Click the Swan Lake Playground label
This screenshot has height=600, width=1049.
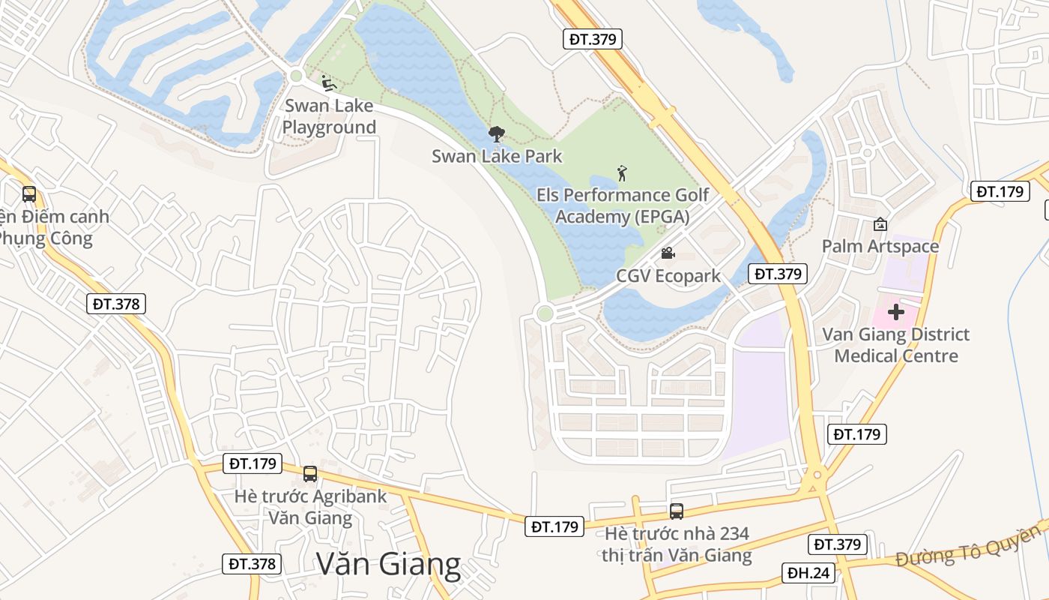click(x=329, y=116)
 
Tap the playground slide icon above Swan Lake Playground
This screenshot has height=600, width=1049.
click(x=328, y=82)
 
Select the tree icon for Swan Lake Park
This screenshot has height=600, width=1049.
click(x=496, y=134)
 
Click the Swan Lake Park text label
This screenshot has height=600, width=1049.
click(x=497, y=157)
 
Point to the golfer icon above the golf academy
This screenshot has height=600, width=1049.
click(x=622, y=174)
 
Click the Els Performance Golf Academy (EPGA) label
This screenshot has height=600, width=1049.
click(x=622, y=206)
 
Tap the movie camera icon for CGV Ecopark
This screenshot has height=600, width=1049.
click(x=668, y=253)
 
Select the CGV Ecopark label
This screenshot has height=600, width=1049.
click(x=668, y=276)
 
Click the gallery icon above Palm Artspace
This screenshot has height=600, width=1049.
click(x=880, y=224)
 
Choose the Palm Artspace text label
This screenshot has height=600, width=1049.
click(x=880, y=246)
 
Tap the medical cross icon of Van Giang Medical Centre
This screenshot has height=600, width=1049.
click(x=896, y=311)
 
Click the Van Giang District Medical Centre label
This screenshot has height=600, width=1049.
click(x=896, y=345)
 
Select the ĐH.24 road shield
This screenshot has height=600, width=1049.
click(x=809, y=573)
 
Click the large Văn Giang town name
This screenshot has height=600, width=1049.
click(x=388, y=565)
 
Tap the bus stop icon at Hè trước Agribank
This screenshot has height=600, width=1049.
click(x=310, y=474)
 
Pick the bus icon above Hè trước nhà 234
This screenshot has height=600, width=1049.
click(x=677, y=511)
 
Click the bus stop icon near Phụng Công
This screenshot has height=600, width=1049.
click(x=29, y=194)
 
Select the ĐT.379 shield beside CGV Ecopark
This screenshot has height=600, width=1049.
click(x=779, y=274)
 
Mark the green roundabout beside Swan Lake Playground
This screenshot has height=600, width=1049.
click(x=296, y=75)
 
